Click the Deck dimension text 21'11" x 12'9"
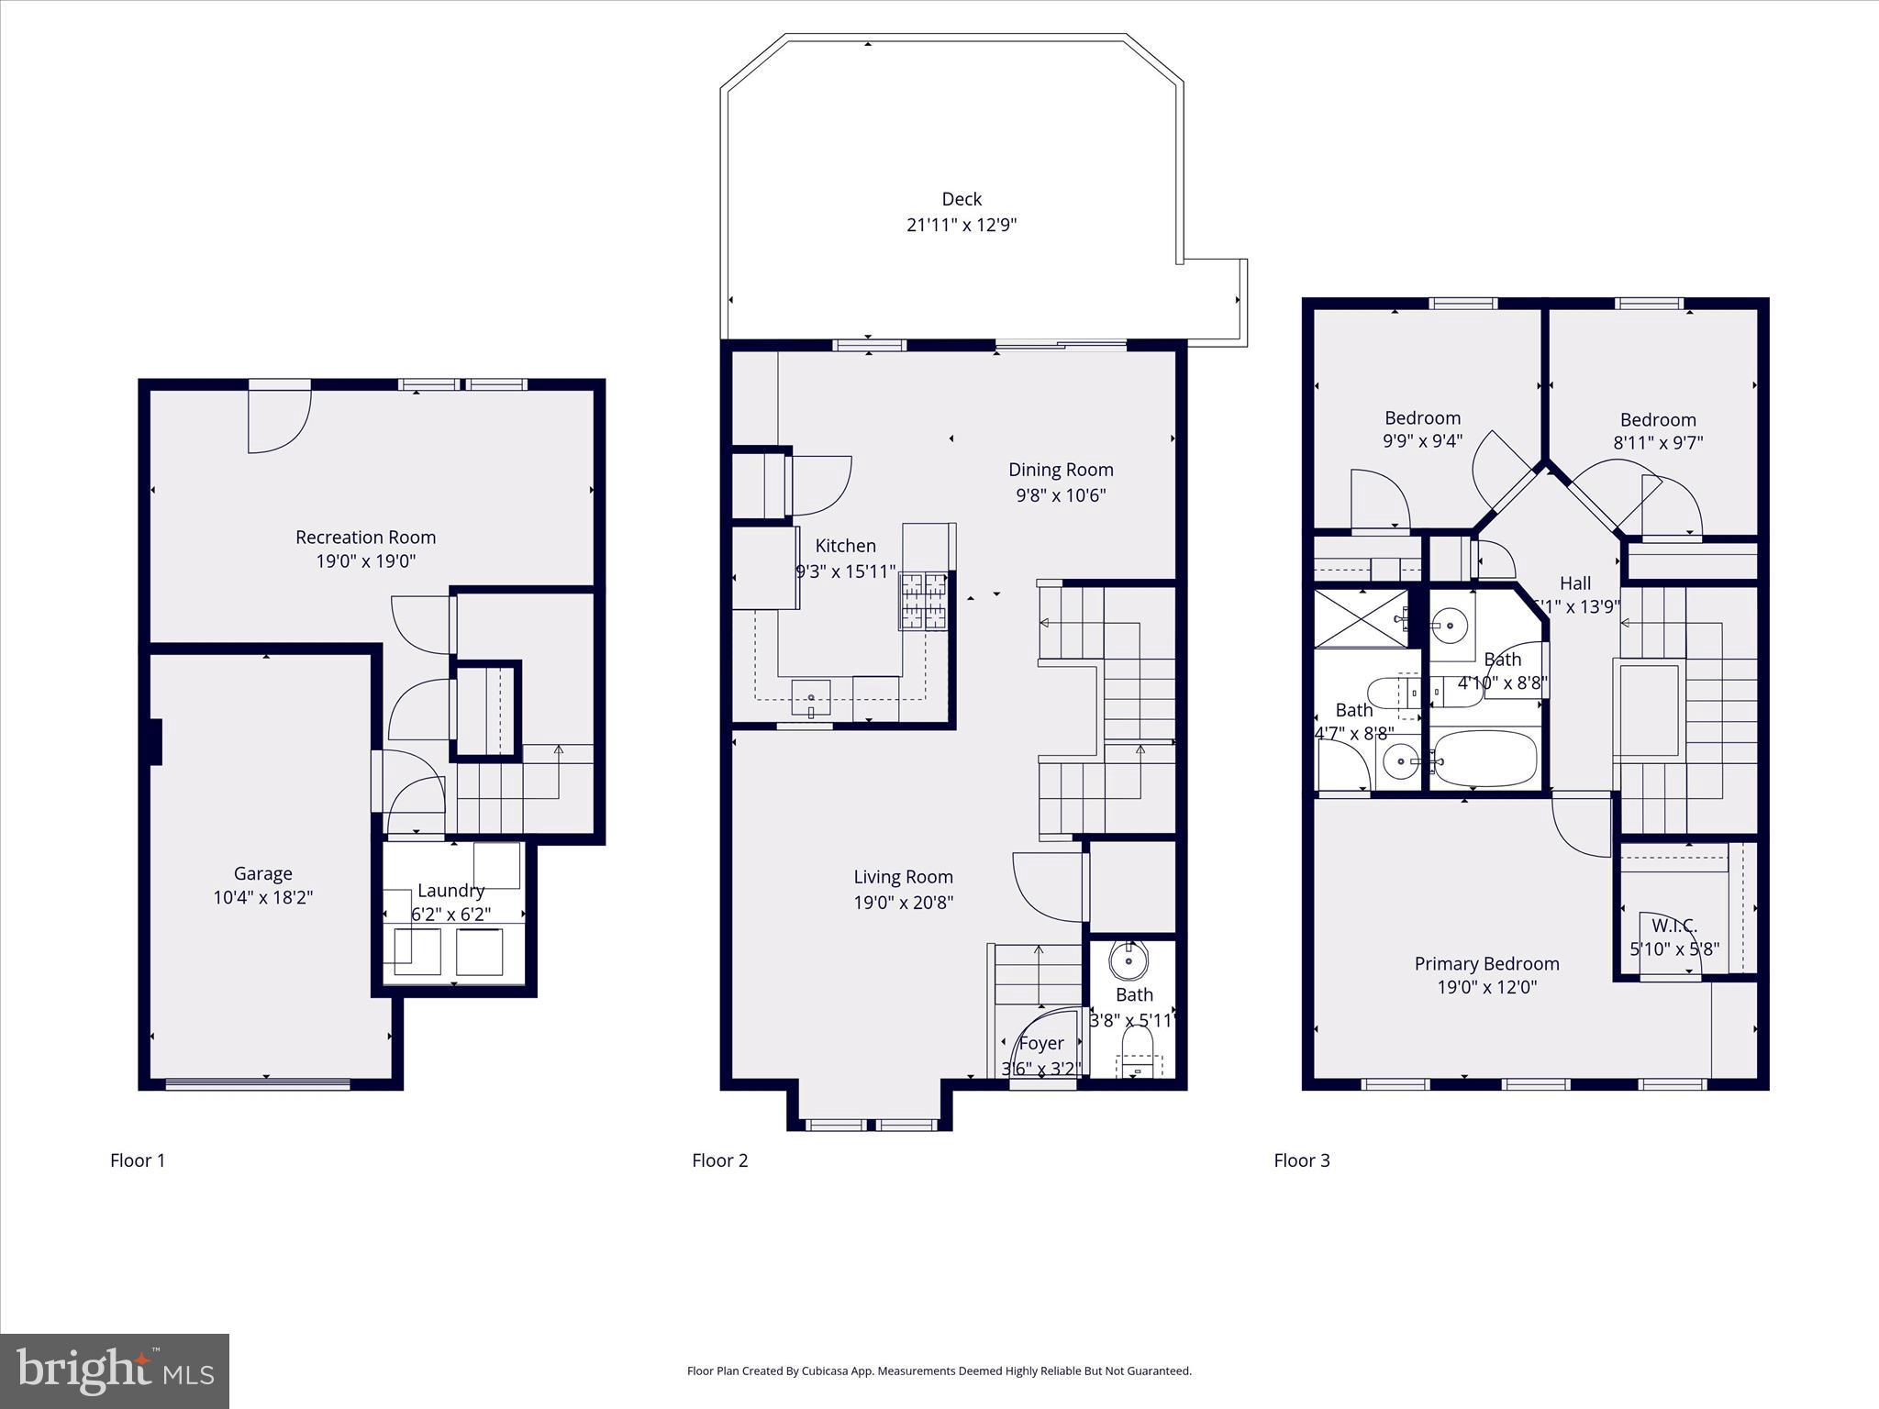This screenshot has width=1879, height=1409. (962, 225)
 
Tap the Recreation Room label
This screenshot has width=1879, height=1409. (365, 537)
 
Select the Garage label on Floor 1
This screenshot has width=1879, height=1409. (262, 873)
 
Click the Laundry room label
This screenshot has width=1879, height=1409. (450, 890)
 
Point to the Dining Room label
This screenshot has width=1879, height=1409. (1061, 470)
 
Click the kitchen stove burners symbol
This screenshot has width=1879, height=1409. (924, 601)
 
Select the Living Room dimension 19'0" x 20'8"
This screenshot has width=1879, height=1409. (904, 902)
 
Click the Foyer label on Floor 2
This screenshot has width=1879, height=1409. (1041, 1043)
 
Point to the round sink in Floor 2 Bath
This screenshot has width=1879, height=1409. (1127, 960)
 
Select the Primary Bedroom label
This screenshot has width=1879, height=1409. (1486, 963)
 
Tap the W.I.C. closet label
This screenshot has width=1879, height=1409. (1674, 926)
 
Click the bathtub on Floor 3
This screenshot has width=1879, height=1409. (1484, 759)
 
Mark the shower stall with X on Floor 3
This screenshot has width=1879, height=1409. (1361, 619)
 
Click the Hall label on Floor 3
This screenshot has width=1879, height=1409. (1575, 582)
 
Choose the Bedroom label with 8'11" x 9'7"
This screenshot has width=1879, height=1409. (1658, 420)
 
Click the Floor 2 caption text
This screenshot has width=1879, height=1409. (720, 1160)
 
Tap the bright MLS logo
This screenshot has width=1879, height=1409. (115, 1370)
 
